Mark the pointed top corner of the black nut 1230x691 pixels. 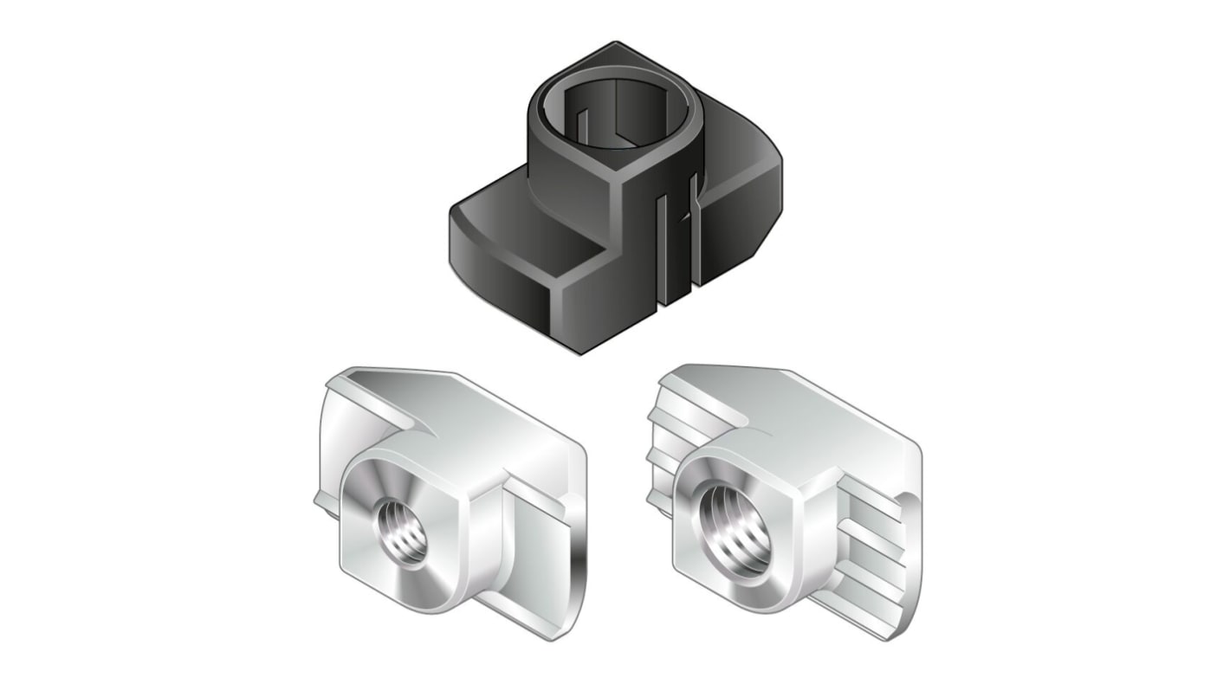click(x=616, y=43)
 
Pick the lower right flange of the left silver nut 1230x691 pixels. click(x=537, y=572)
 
